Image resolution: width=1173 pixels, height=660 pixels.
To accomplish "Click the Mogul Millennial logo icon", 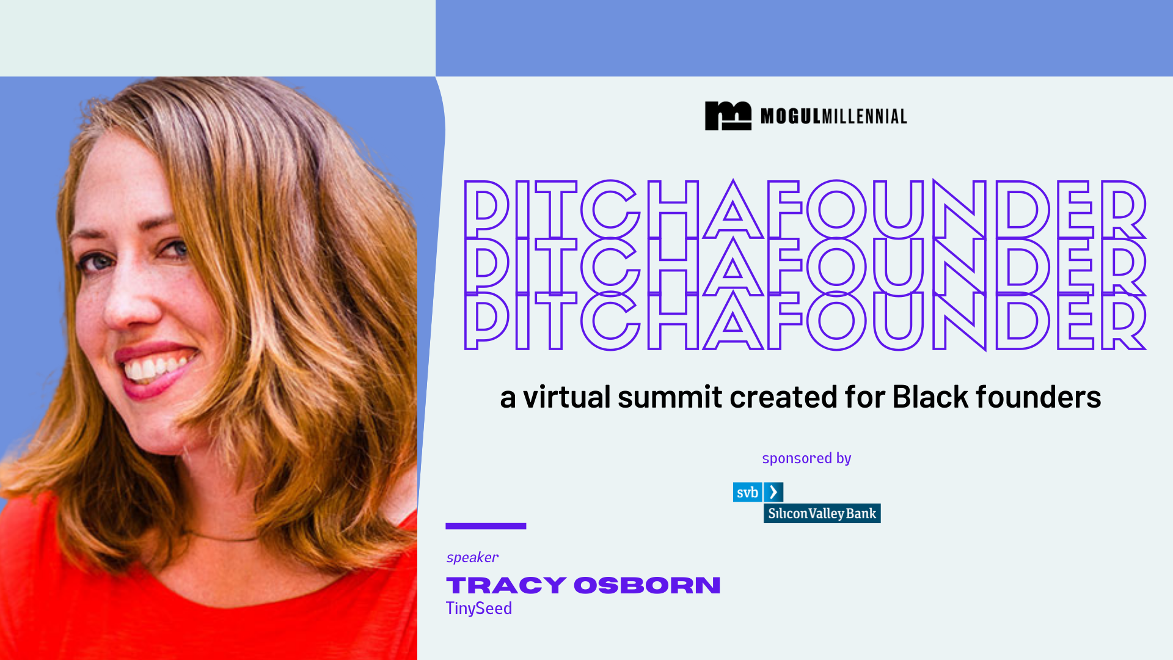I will point(728,116).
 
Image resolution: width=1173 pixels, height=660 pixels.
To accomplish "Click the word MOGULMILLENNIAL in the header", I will point(833,116).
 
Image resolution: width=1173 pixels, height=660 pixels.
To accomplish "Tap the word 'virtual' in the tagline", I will point(566,397).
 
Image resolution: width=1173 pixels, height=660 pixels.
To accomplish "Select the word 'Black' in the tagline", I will point(930,397).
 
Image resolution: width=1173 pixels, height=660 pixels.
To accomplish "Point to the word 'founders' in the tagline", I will point(1038,397).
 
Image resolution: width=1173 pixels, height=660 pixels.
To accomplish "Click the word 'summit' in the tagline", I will point(670,397).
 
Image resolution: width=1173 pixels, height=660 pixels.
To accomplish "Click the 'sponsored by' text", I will point(806,458).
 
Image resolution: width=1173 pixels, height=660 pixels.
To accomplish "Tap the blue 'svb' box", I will point(747,493).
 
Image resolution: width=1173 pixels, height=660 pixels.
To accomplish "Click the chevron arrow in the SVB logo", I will point(773,492).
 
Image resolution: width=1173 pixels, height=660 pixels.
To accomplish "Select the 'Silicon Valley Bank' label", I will point(822,513).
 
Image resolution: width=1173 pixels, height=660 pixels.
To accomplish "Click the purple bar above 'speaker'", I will point(486,526).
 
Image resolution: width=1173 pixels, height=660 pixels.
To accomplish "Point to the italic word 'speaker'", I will point(472,557).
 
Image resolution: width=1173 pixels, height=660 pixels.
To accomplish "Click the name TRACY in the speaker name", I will point(506,585).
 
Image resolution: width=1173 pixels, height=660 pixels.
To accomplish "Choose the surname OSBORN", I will point(647,585).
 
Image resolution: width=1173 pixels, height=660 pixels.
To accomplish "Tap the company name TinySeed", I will point(479,609).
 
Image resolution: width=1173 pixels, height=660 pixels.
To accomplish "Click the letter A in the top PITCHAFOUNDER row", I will point(733,210).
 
